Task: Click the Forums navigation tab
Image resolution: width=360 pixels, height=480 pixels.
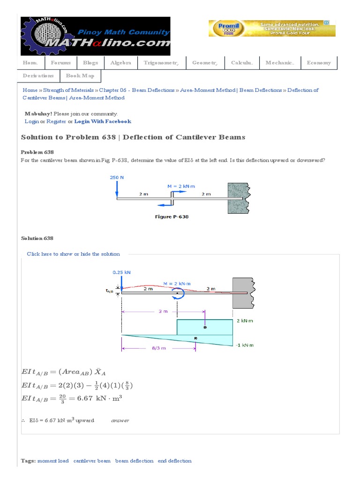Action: [x=61, y=63]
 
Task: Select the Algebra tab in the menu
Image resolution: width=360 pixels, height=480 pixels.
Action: [x=120, y=63]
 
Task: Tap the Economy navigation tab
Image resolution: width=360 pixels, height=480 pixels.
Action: [x=319, y=63]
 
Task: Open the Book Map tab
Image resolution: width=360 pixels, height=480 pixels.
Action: [x=80, y=76]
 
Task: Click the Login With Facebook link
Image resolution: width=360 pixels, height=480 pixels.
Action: [x=103, y=121]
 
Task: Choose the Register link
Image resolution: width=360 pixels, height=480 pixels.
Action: [x=56, y=121]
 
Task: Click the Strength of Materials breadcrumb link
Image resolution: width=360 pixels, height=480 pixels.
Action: [x=68, y=90]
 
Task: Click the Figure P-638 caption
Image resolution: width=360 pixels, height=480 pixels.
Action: [x=172, y=217]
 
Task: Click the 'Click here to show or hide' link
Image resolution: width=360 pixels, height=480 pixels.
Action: [x=73, y=254]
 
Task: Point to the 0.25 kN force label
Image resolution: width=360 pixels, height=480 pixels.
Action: [x=121, y=272]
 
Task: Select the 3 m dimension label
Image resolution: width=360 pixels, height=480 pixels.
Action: [x=162, y=311]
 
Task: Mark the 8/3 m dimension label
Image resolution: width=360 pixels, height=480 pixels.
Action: [x=159, y=348]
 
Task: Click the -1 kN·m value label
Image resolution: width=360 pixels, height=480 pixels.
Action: [x=245, y=345]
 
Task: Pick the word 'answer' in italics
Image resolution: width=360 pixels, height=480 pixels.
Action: [x=120, y=420]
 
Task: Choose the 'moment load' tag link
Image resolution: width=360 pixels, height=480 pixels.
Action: [x=53, y=461]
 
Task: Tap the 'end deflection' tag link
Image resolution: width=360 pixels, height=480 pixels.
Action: [x=174, y=461]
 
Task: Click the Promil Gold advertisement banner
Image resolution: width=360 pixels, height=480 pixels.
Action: [x=272, y=28]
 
